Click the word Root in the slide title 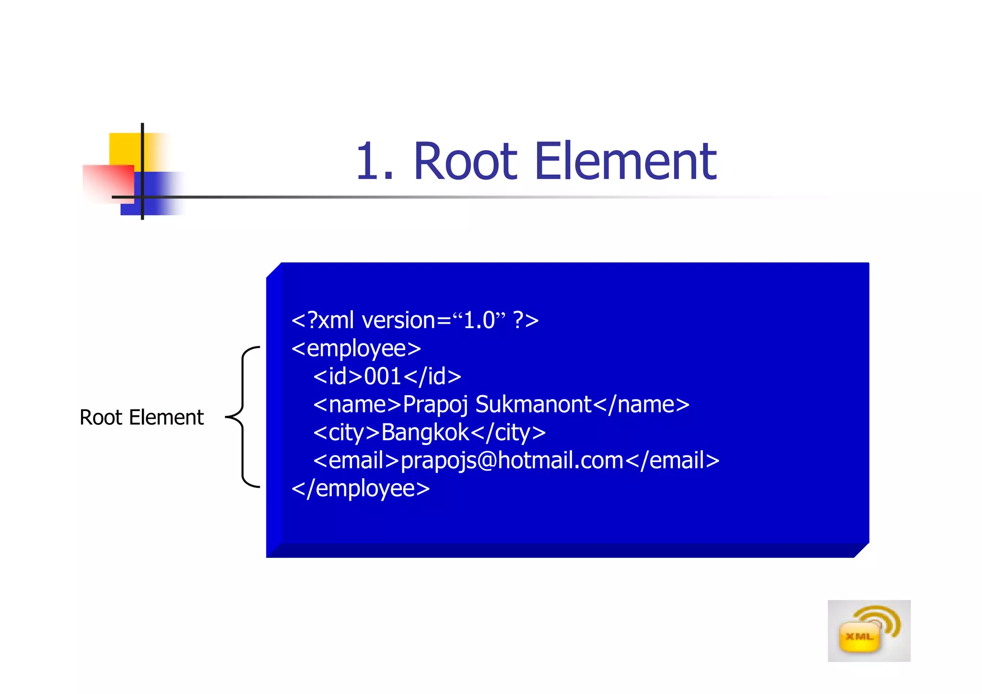click(465, 162)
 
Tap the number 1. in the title click(374, 162)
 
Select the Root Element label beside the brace click(141, 417)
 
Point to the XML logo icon click(868, 631)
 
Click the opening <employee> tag click(356, 349)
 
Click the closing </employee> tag click(361, 489)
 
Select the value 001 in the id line click(382, 376)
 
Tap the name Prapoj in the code click(435, 405)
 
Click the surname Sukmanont click(533, 404)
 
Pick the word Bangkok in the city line click(425, 433)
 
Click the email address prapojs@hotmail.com click(512, 461)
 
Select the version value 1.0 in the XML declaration click(479, 320)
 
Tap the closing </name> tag click(641, 405)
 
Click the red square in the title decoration click(107, 183)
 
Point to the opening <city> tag click(346, 433)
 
